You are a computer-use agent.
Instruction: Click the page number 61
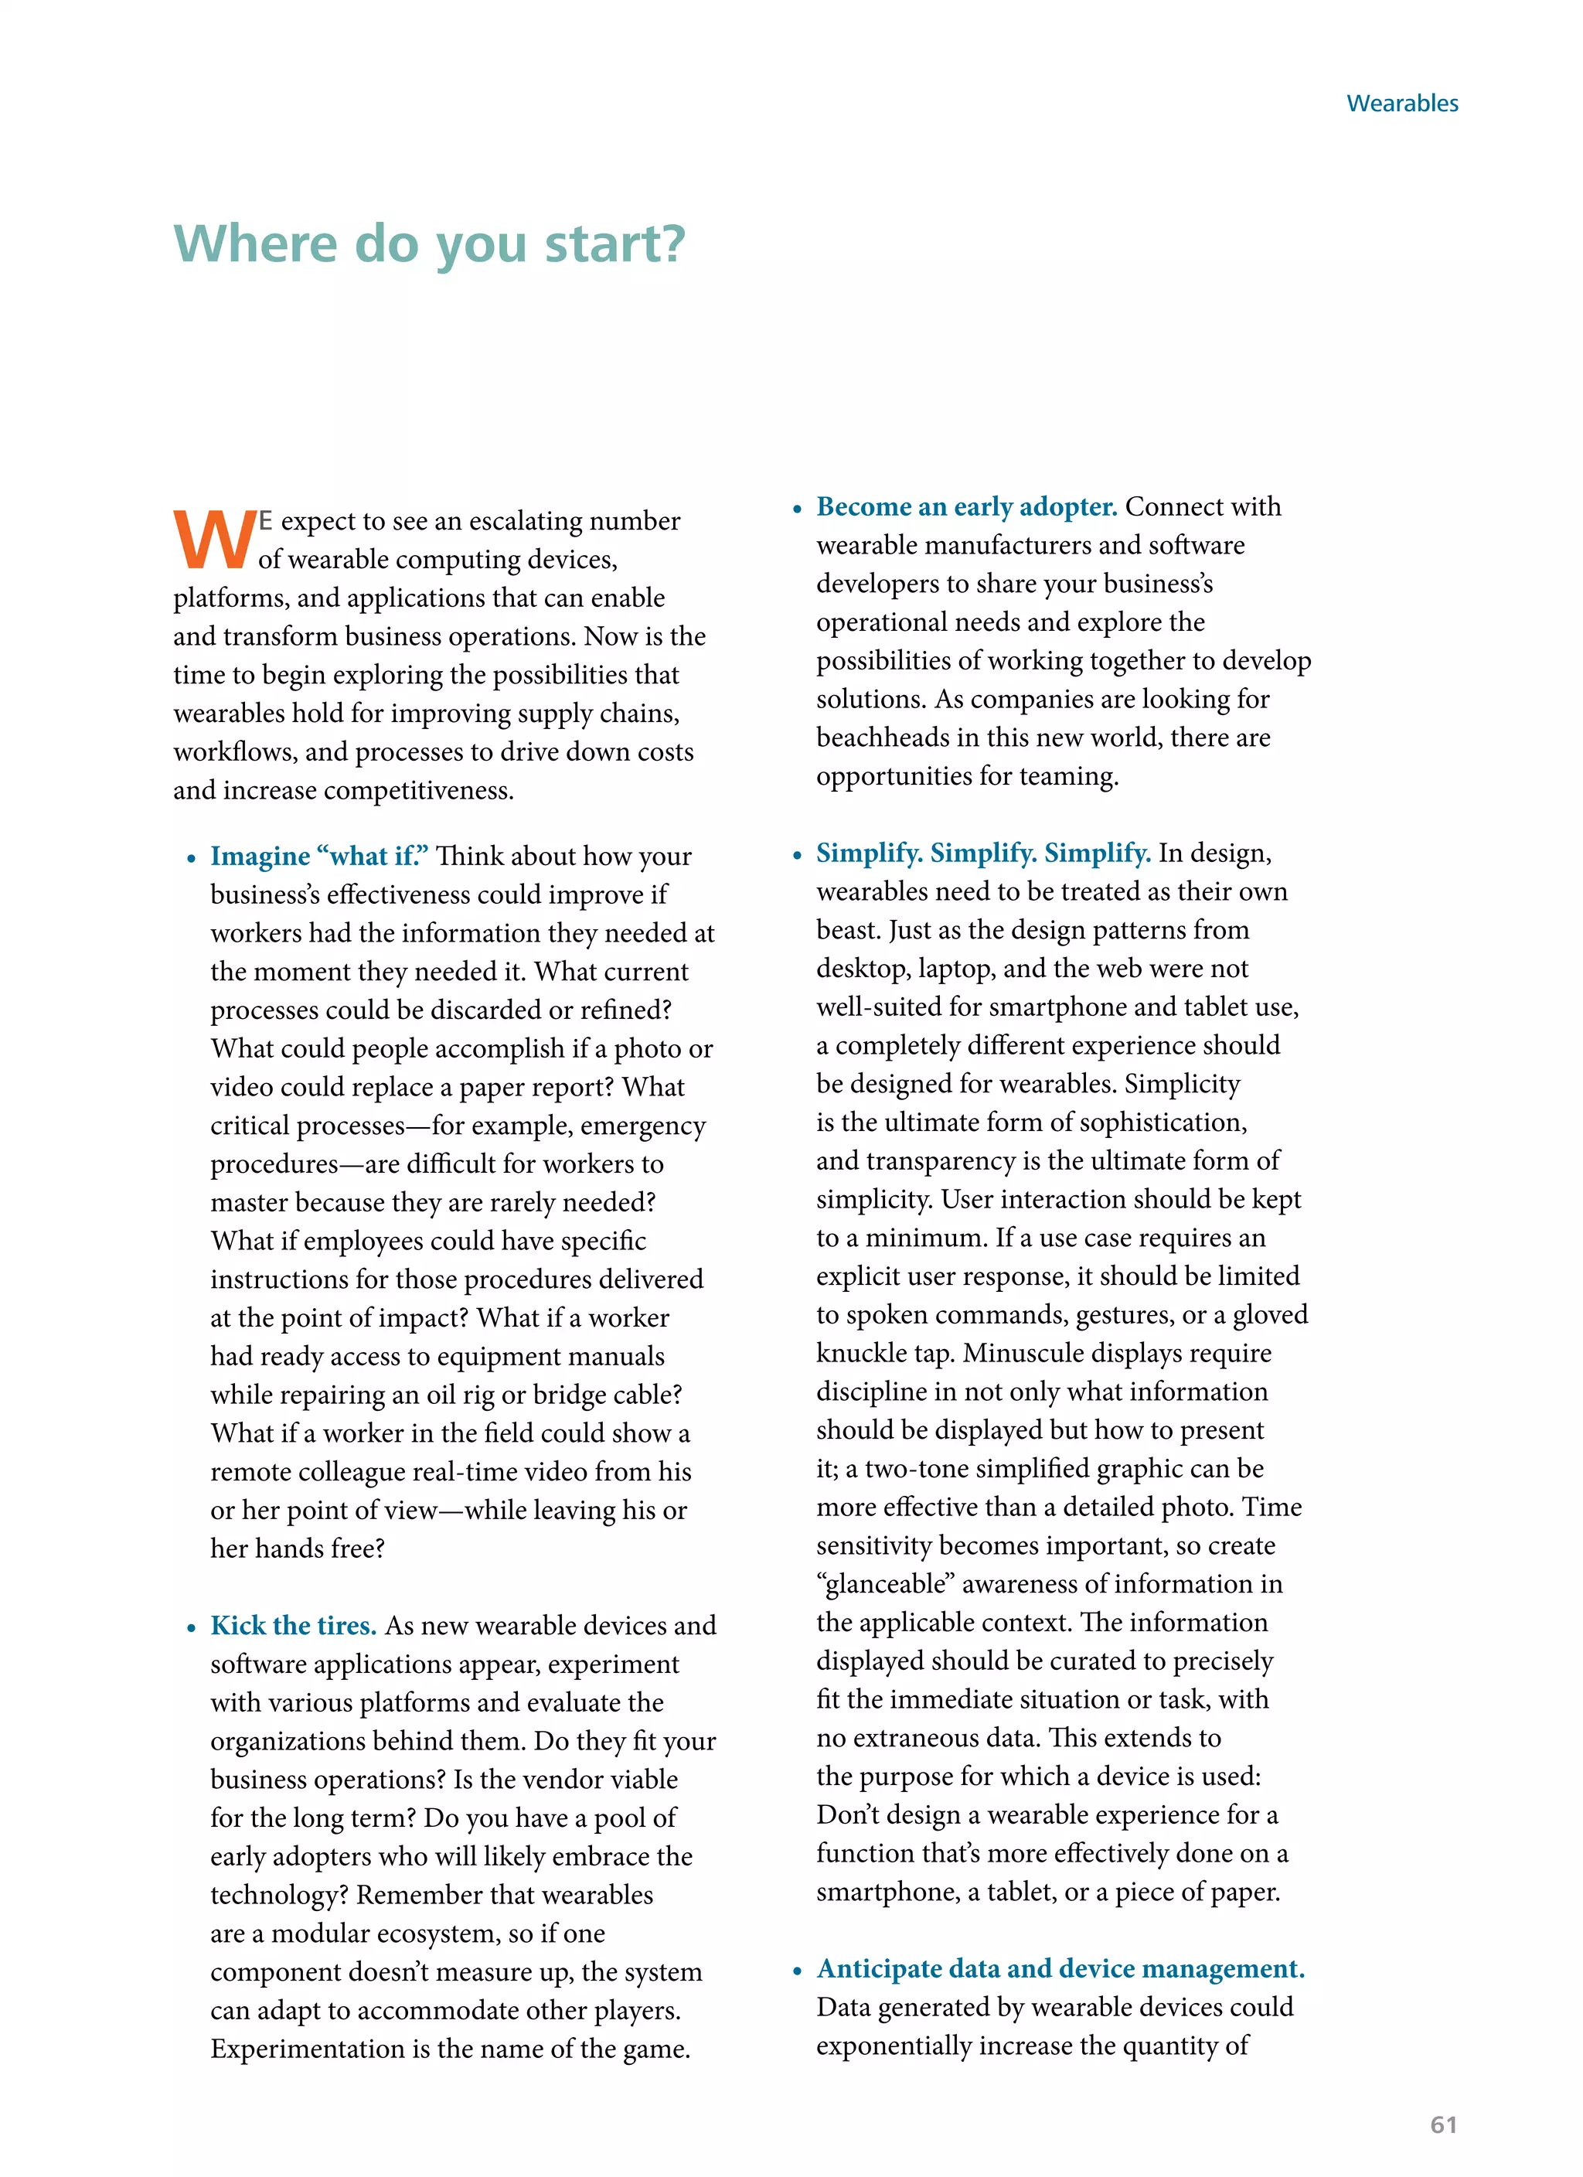[1443, 2124]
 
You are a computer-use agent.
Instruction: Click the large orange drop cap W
[214, 540]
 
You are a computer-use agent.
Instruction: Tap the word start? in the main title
[615, 245]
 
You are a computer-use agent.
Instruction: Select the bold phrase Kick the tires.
[293, 1625]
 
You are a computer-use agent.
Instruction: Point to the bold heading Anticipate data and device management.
[1060, 1969]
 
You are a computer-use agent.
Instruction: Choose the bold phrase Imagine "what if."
[320, 857]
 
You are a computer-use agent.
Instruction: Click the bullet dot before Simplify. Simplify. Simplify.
[797, 855]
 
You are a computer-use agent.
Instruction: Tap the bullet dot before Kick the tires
[192, 1628]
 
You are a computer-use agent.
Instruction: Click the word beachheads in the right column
[883, 738]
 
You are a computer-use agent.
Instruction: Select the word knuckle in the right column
[861, 1354]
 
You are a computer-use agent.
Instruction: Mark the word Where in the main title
[255, 245]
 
